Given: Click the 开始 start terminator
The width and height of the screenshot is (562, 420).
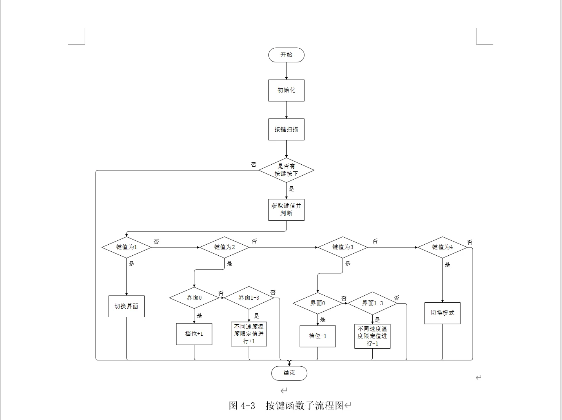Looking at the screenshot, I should point(286,55).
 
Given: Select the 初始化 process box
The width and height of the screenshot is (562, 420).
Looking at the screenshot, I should point(286,90).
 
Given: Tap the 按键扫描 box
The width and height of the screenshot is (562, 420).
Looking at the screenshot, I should point(286,129).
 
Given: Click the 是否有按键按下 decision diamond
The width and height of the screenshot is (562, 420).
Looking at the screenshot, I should point(286,170).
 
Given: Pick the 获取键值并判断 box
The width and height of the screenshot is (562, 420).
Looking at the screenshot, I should point(286,209).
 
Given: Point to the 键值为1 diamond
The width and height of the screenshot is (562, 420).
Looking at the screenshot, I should point(126,247).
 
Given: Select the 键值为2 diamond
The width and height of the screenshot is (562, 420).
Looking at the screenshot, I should point(224,247).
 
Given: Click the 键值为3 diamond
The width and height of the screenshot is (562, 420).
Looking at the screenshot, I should point(343,247).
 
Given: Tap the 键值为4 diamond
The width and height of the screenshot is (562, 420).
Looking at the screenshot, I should point(442,247).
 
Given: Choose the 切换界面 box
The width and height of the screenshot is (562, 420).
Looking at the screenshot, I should point(126,306).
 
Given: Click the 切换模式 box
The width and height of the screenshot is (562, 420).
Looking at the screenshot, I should point(442,313).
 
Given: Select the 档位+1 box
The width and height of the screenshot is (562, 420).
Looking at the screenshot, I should point(194,334).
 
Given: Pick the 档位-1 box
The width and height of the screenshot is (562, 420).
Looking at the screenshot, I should point(317,336).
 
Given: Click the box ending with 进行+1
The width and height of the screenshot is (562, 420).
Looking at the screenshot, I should point(249,334).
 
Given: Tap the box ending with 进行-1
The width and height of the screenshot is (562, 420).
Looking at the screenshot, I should point(372,336).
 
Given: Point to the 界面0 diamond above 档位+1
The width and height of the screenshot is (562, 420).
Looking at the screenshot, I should point(194,298).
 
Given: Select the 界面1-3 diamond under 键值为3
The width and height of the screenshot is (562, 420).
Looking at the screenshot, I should point(372,303).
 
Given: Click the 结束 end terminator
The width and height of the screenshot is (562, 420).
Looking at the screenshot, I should point(289,373).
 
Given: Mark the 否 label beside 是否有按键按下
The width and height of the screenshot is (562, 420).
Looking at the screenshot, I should point(254,165).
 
